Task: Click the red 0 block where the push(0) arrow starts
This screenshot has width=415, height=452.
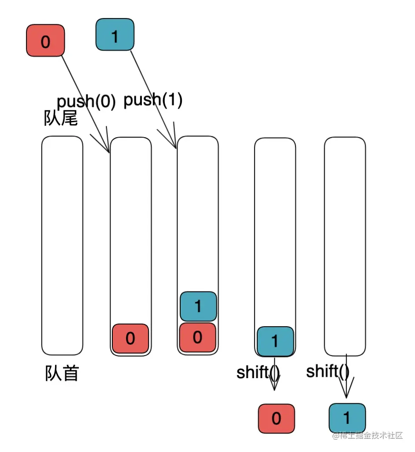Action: [45, 41]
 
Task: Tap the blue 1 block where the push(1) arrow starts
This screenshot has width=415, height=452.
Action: [115, 34]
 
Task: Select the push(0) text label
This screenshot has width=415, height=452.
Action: [86, 102]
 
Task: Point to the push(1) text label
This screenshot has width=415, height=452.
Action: [153, 100]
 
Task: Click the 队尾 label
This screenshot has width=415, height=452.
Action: [61, 118]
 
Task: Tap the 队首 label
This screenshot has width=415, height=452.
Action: [62, 373]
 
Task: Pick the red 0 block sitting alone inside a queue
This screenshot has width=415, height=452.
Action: [130, 338]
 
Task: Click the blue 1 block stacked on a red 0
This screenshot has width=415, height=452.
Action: [198, 306]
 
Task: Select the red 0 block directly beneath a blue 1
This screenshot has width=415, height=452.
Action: [197, 337]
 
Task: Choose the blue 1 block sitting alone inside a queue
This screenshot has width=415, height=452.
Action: [275, 341]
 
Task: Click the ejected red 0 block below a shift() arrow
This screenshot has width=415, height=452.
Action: [276, 418]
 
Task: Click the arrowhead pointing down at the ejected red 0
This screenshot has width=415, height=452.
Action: [274, 386]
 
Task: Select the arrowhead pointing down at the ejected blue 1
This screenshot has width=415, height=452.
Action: [346, 394]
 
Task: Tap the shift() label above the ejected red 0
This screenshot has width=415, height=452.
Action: [258, 373]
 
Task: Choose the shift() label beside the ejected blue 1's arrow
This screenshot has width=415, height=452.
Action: [328, 372]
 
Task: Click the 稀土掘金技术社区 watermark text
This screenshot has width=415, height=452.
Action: [368, 436]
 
